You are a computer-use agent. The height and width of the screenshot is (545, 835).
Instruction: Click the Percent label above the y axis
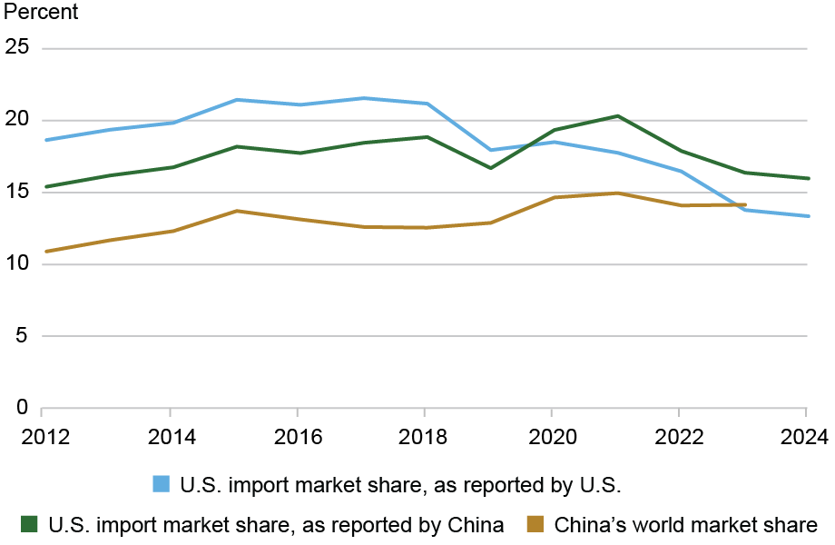click(x=41, y=13)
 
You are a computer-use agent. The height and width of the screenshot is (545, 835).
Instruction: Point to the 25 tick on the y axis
click(x=18, y=48)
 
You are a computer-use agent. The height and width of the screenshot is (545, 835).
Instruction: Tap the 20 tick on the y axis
click(x=18, y=120)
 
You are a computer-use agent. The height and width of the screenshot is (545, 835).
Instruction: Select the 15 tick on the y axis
click(x=18, y=193)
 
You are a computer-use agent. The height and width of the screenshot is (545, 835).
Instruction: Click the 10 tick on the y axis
click(x=18, y=264)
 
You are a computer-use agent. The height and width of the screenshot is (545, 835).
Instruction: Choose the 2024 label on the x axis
click(x=807, y=437)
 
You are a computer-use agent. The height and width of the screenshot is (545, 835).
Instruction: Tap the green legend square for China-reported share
click(x=30, y=524)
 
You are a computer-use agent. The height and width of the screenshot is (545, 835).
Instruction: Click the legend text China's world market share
click(x=686, y=524)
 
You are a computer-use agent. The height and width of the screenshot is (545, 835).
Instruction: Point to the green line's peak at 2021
click(x=616, y=116)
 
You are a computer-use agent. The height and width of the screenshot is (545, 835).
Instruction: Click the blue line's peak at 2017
click(x=361, y=98)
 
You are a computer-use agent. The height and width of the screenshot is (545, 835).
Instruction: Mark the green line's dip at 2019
click(x=489, y=168)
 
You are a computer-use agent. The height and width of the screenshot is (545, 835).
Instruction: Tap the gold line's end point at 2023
click(x=744, y=205)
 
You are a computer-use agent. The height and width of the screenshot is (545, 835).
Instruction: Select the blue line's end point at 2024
click(x=807, y=216)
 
